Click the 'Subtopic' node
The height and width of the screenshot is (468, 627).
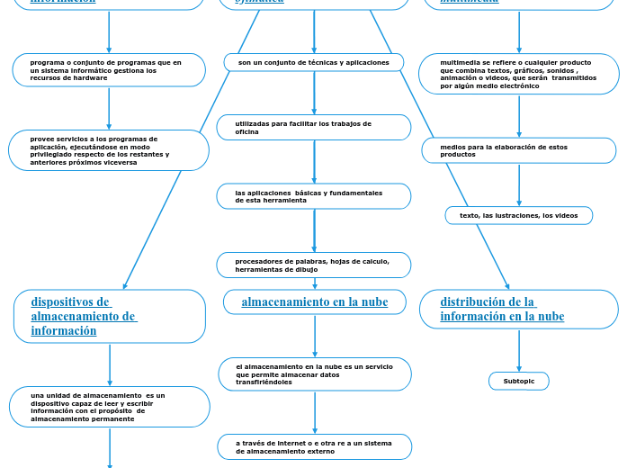(519, 382)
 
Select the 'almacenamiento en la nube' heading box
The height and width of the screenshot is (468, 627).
(315, 302)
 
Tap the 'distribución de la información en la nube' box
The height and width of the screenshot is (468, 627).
(519, 310)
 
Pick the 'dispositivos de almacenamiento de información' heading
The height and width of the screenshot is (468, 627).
(110, 317)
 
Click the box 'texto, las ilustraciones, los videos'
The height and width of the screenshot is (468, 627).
(519, 216)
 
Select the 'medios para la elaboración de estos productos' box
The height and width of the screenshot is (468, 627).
(519, 150)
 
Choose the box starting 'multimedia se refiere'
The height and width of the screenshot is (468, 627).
(519, 74)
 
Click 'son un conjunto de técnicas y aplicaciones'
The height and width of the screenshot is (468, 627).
(314, 63)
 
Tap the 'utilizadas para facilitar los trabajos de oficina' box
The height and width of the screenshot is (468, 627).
(314, 128)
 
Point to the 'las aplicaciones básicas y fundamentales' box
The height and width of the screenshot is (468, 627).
(314, 196)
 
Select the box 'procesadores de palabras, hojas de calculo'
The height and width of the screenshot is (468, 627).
(314, 265)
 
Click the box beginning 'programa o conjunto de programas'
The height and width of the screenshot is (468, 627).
(109, 70)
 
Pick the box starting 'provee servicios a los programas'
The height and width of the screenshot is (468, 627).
(109, 150)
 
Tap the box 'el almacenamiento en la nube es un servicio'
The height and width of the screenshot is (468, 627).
(315, 374)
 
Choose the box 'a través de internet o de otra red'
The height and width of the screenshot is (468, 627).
(315, 447)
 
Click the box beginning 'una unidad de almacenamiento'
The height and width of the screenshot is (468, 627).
(110, 408)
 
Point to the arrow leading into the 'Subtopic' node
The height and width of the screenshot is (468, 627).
(519, 351)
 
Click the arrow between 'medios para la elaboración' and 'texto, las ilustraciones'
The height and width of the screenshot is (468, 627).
(519, 185)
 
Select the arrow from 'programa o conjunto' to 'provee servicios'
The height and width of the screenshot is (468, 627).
(109, 108)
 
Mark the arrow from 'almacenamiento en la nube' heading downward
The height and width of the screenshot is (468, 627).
(315, 336)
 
